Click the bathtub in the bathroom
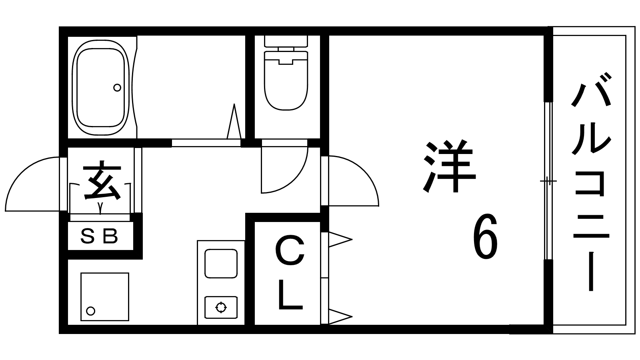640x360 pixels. pos(100,87)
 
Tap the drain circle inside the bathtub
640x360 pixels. pos(117,87)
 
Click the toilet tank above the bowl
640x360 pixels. pos(286,41)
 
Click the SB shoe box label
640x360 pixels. pos(100,237)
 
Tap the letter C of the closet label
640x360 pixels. pos(290,251)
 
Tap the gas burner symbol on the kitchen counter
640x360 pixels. pos(221,307)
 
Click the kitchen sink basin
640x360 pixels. pos(221,263)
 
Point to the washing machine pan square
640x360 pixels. pos(105,296)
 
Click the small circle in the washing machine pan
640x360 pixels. pos(91,310)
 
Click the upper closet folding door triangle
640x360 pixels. pos(339,240)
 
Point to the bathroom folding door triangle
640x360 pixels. pos(234,122)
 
